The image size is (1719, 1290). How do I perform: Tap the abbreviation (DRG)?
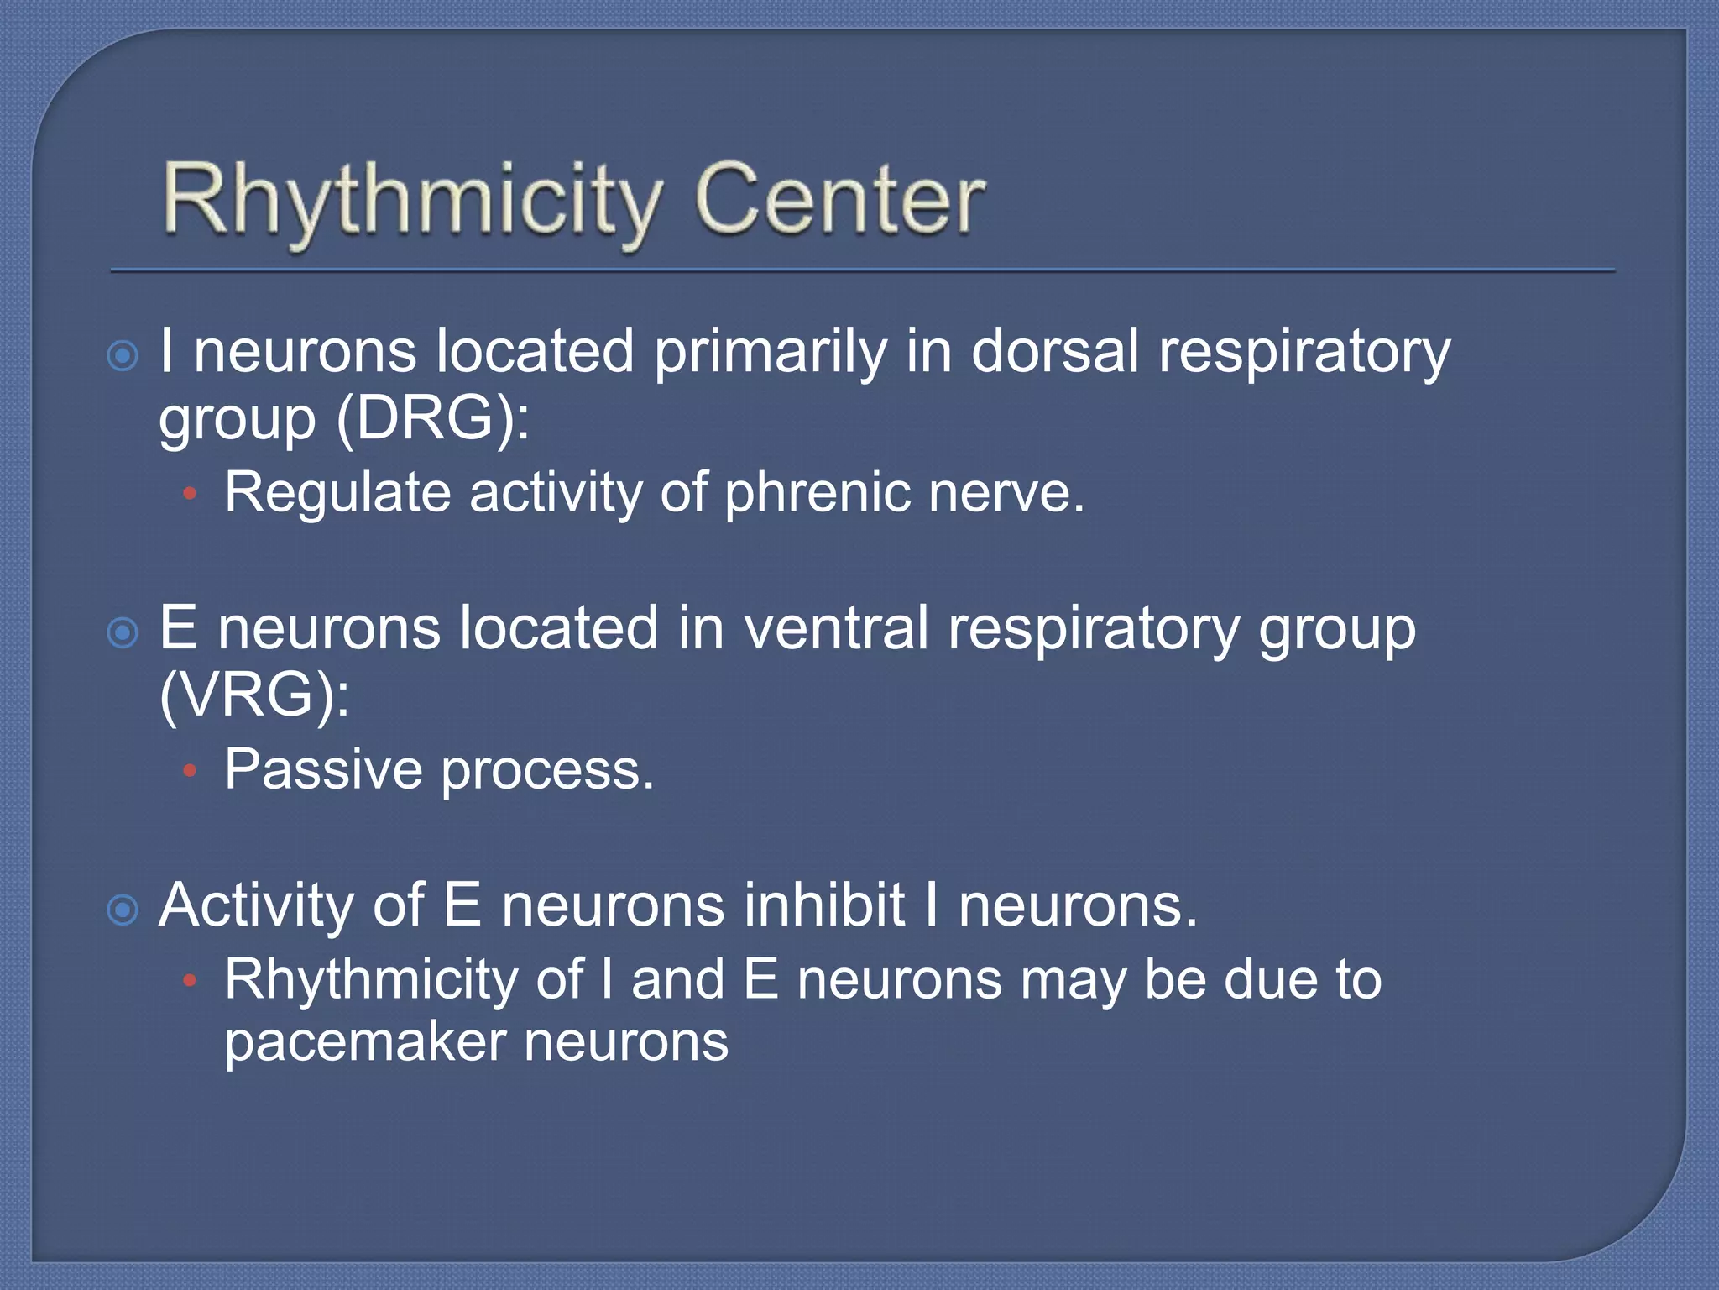coord(432,418)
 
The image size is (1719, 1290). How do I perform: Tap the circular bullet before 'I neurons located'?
coord(123,356)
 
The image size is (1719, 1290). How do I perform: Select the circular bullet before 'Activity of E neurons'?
coord(123,910)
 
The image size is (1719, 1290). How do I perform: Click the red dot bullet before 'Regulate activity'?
coord(191,495)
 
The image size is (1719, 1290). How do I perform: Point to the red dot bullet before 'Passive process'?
coord(191,770)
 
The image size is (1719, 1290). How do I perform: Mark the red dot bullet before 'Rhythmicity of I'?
coord(191,979)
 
